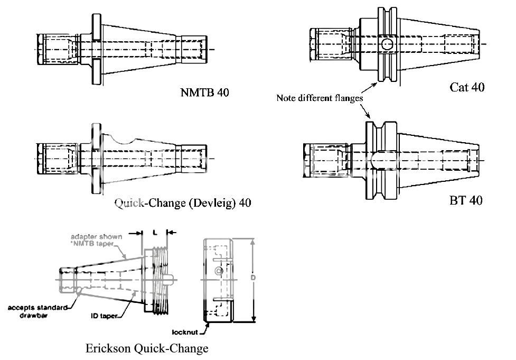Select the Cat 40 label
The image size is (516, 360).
coord(467,87)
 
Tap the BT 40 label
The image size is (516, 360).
coord(465,201)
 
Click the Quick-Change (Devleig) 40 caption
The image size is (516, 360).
coord(183,203)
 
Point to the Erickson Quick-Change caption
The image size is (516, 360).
coord(147,348)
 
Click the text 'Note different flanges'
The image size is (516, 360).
coord(320,98)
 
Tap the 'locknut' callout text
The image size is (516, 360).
coord(185,333)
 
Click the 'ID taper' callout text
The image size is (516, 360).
coord(104,316)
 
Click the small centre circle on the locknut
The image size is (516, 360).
coord(218,271)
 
